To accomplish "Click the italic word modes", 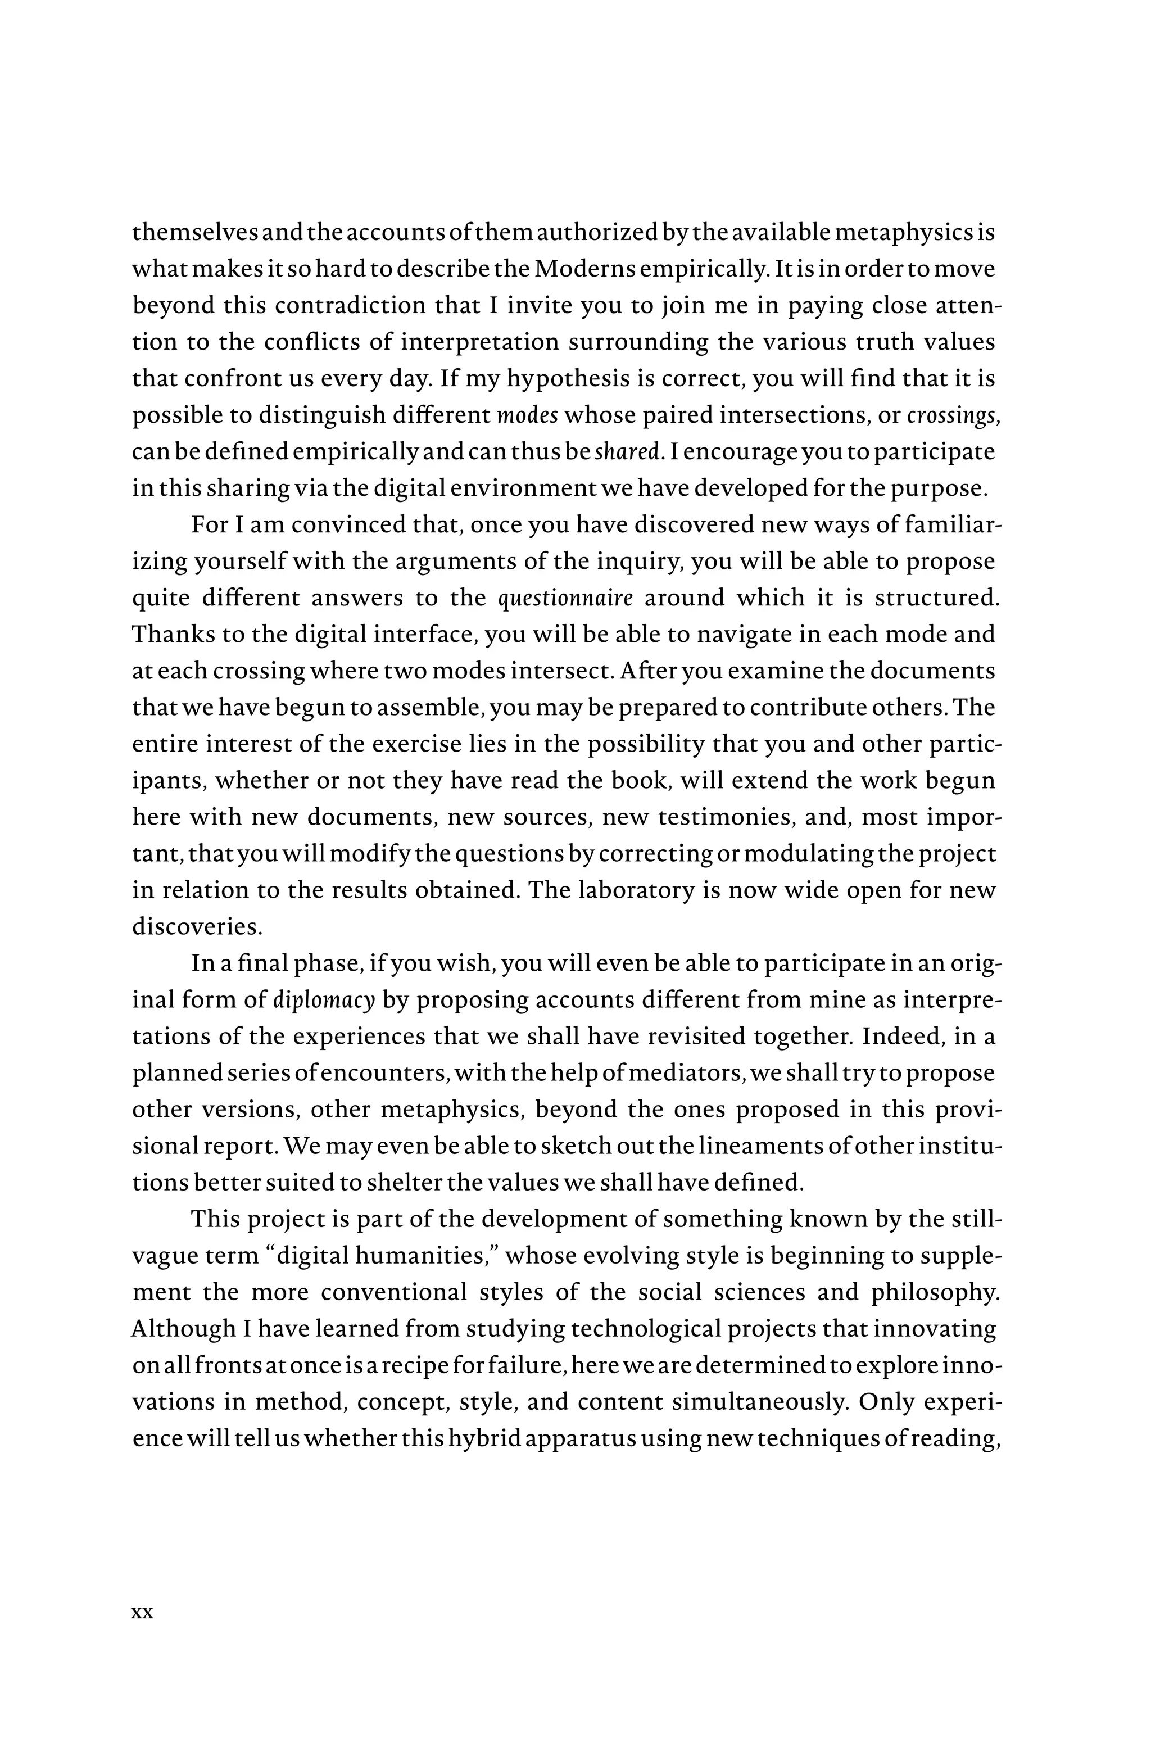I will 527,415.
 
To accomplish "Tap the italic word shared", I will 626,452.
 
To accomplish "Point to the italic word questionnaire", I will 565,598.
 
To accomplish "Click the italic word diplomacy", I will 324,1001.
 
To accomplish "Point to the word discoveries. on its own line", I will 197,927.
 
